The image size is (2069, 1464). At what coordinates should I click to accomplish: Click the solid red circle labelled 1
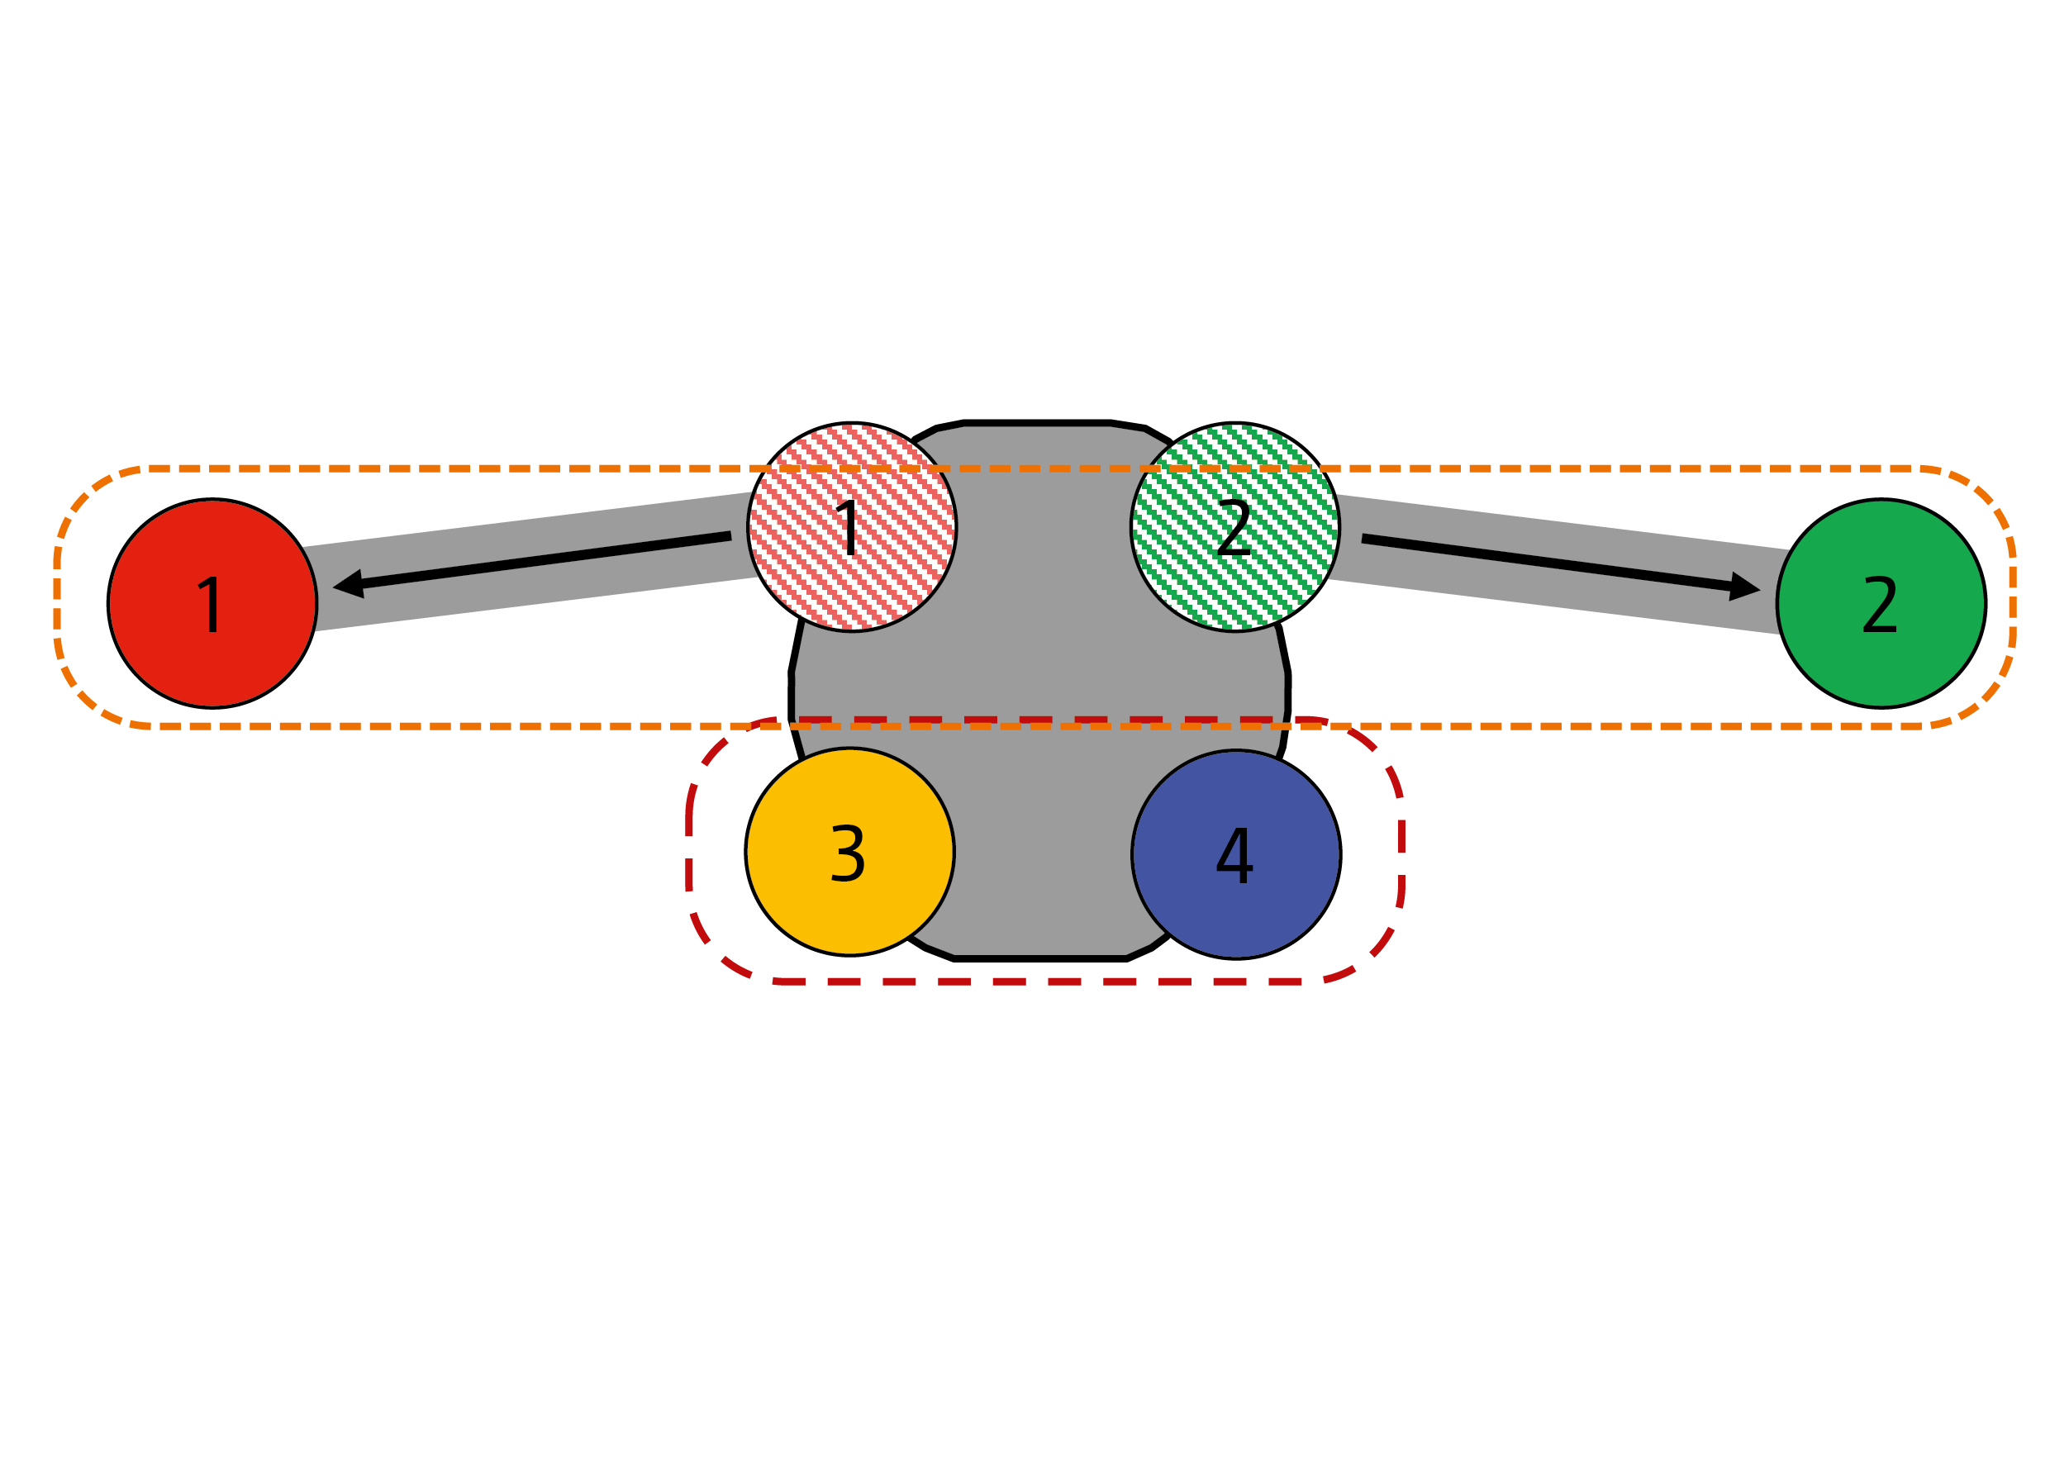(x=212, y=603)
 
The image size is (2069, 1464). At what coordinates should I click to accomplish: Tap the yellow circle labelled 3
(x=849, y=852)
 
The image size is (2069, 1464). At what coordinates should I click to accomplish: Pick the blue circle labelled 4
(x=1236, y=853)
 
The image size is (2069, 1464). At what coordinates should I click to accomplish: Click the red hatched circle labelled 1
(x=852, y=527)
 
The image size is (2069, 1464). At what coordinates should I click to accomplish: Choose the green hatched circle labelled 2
(x=1235, y=527)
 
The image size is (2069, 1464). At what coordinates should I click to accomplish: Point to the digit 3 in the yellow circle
(x=848, y=853)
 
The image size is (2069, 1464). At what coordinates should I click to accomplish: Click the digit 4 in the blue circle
(x=1234, y=854)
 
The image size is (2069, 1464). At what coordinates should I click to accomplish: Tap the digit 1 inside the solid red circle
(x=210, y=604)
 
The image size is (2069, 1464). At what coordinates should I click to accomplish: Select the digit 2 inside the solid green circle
(x=1879, y=604)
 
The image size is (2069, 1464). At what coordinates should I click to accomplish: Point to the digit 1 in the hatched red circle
(x=850, y=527)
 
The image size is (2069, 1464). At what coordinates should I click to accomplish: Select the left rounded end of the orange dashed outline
(x=58, y=597)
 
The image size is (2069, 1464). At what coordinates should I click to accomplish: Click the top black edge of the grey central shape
(x=1037, y=422)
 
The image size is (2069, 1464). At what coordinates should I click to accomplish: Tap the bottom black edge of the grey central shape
(x=1037, y=959)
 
